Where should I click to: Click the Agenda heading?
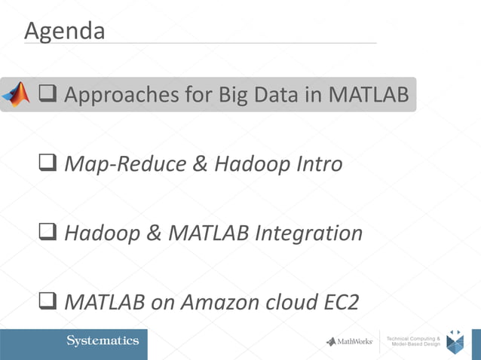[64, 31]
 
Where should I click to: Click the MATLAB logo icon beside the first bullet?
[16, 94]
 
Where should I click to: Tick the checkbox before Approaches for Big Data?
[47, 95]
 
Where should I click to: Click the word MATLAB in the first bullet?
[365, 95]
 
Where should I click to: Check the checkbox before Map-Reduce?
[47, 163]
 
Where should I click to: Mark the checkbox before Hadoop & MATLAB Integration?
[47, 233]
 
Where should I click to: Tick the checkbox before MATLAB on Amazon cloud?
[47, 303]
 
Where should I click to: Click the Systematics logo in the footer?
[103, 341]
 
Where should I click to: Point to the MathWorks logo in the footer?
[350, 341]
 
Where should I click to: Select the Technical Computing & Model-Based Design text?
[414, 341]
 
